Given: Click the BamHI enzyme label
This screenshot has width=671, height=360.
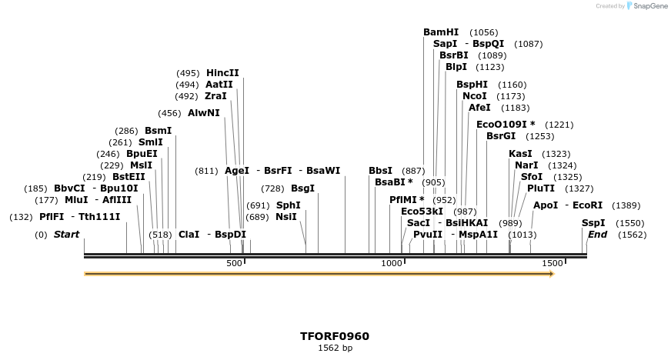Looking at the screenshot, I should coord(440,32).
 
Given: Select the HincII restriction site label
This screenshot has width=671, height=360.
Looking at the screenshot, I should coord(222,73).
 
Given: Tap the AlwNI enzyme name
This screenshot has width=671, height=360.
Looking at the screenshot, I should coord(203,112).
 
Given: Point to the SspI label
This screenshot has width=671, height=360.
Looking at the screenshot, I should coord(593,223).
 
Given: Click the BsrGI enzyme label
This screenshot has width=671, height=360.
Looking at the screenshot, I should coord(500,136).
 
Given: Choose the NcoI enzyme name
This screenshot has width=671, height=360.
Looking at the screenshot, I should coord(474,96).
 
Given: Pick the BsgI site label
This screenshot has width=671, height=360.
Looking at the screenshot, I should coord(302,188).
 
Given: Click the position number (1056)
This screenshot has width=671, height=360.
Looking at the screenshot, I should coord(484,32).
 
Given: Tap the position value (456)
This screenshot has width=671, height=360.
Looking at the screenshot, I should coord(170,113).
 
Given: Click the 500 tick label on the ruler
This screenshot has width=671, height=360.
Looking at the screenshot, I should coord(235,264).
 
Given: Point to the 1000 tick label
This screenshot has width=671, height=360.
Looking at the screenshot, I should coord(392,264).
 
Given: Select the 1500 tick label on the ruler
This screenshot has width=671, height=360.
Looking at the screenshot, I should coord(552,264).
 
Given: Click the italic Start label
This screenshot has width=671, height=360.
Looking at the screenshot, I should coord(66,235).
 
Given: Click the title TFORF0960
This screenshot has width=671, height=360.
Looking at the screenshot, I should coord(335,336).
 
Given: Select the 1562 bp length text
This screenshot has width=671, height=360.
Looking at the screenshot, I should coord(335,348).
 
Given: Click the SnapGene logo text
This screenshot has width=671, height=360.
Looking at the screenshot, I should coord(649,6).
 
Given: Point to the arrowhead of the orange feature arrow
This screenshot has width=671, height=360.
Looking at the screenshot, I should coord(551,274).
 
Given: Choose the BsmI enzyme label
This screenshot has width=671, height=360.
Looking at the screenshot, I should coord(158,131).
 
